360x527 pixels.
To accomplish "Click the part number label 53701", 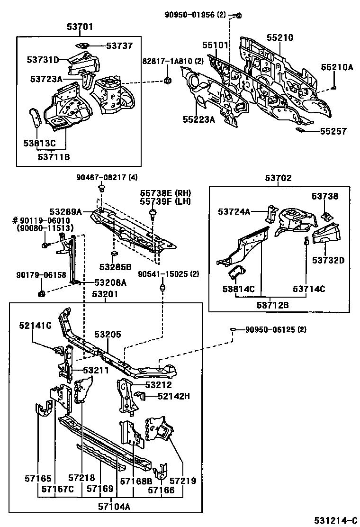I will pos(79,27).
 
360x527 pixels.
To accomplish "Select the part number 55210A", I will pos(337,67).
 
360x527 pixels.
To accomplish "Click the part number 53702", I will pos(278,178).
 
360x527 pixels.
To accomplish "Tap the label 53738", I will pos(325,196).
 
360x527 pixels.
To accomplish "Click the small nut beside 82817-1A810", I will pos(167,81).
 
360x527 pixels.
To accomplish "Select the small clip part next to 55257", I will pos(299,129).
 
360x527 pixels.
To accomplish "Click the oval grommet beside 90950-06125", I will pos(234,329).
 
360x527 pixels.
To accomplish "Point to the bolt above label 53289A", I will pos(101,189).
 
